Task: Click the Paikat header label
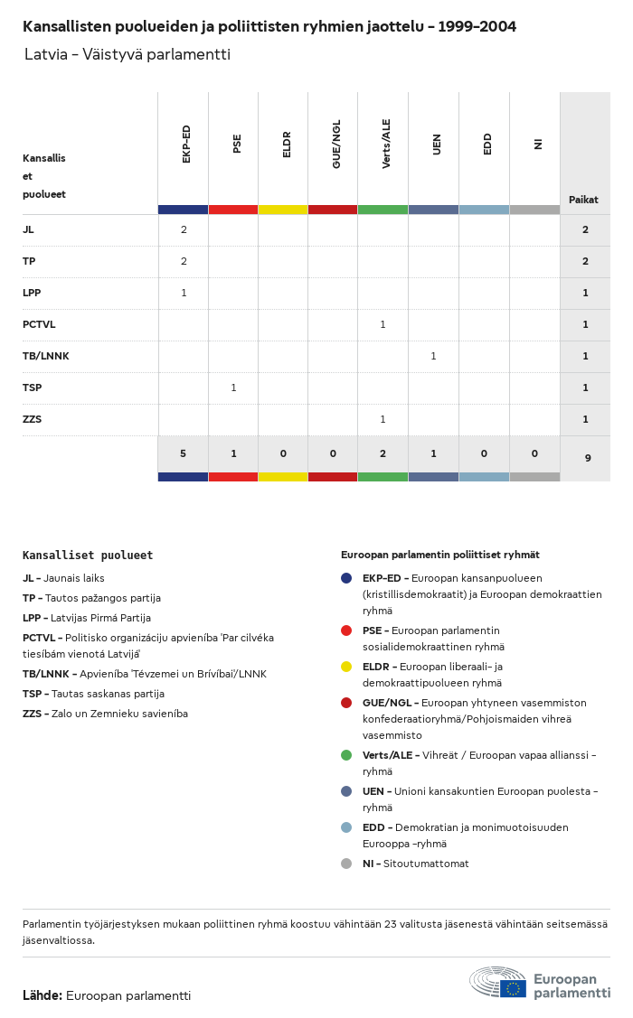[583, 200]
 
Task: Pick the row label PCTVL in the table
[39, 324]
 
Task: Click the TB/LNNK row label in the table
[46, 356]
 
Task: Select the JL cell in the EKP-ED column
[184, 229]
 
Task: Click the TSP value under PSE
[233, 388]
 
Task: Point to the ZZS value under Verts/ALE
[383, 419]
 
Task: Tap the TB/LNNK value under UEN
[433, 356]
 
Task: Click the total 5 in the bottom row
[183, 453]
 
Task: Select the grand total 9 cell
[587, 458]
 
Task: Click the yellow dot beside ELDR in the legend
[346, 667]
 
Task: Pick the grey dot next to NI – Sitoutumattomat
[346, 864]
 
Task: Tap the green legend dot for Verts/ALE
[346, 755]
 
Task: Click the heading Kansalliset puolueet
[88, 556]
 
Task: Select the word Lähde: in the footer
[43, 995]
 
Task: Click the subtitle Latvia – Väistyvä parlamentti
[128, 54]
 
